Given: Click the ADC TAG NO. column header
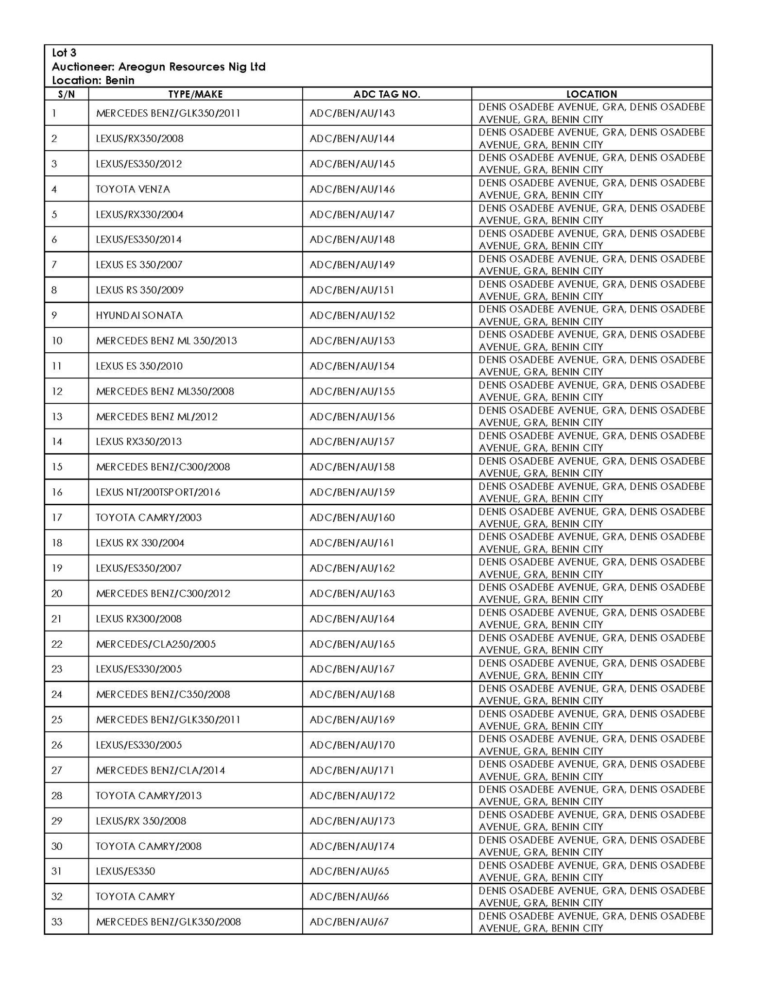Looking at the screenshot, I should (x=386, y=94).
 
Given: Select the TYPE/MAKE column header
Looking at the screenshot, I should (x=195, y=94).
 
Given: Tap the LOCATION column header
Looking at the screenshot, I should (x=591, y=94).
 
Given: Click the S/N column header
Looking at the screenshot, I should (x=66, y=94).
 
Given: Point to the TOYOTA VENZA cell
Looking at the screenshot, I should (x=133, y=189).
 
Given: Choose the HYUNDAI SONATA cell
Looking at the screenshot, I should (x=139, y=315).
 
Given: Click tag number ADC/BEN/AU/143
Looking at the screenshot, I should (x=352, y=113).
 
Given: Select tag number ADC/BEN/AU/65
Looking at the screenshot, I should (x=349, y=871).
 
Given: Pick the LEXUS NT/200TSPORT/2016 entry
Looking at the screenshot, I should (x=158, y=492).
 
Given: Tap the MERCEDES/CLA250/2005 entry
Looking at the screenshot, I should (x=156, y=644).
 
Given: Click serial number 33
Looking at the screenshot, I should (x=57, y=922).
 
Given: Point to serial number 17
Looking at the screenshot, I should (x=57, y=517).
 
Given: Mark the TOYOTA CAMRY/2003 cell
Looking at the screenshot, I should (x=149, y=517).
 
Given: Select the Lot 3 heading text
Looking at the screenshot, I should (x=64, y=52).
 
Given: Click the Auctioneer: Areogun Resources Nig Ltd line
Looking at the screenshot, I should (x=158, y=67).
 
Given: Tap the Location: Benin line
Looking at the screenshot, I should (x=93, y=80).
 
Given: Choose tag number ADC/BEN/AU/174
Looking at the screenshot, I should (x=352, y=846).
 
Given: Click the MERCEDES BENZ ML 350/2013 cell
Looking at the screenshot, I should (x=166, y=341).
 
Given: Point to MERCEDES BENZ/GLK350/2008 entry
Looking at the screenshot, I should (x=168, y=922).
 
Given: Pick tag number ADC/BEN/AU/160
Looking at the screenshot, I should (x=352, y=517).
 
